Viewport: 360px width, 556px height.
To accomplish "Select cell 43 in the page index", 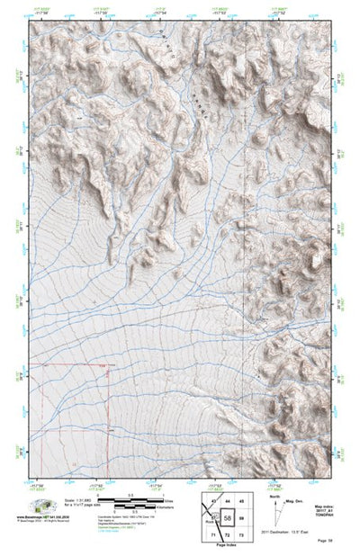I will pos(213,500).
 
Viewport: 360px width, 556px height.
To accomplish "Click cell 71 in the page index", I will pos(213,536).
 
